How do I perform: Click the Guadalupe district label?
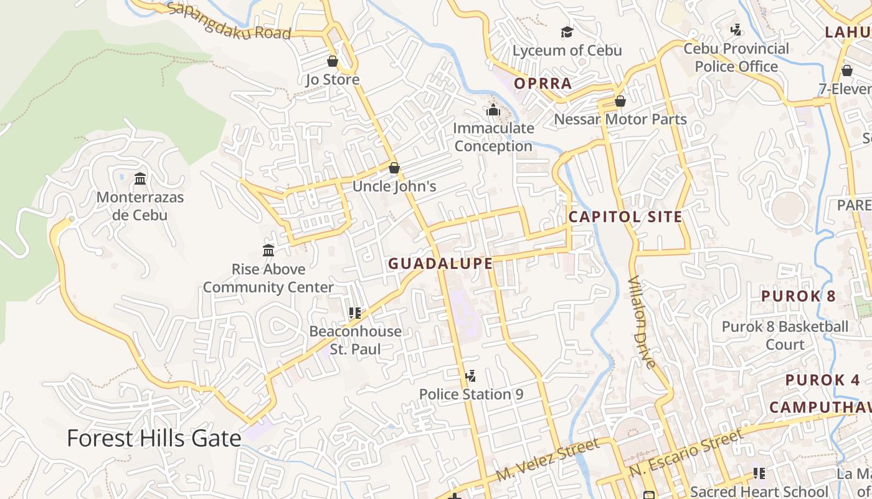point(440,264)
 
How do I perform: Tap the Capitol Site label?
point(625,217)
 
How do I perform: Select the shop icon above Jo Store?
point(333,61)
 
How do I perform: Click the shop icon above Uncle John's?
point(394,168)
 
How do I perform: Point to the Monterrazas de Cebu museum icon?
point(140,179)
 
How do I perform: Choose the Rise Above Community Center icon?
point(268,251)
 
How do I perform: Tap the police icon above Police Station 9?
point(471,376)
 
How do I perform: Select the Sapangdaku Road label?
point(229,21)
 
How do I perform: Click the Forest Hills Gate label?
point(154,438)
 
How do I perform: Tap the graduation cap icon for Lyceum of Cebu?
point(567,32)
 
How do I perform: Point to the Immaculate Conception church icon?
point(493,110)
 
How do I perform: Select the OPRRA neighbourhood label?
point(543,84)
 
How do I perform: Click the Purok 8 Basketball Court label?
point(785,335)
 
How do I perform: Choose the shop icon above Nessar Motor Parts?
point(620,101)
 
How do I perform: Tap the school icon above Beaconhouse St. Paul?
point(355,312)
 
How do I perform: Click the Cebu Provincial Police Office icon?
point(736,30)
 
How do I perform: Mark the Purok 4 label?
point(822,380)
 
